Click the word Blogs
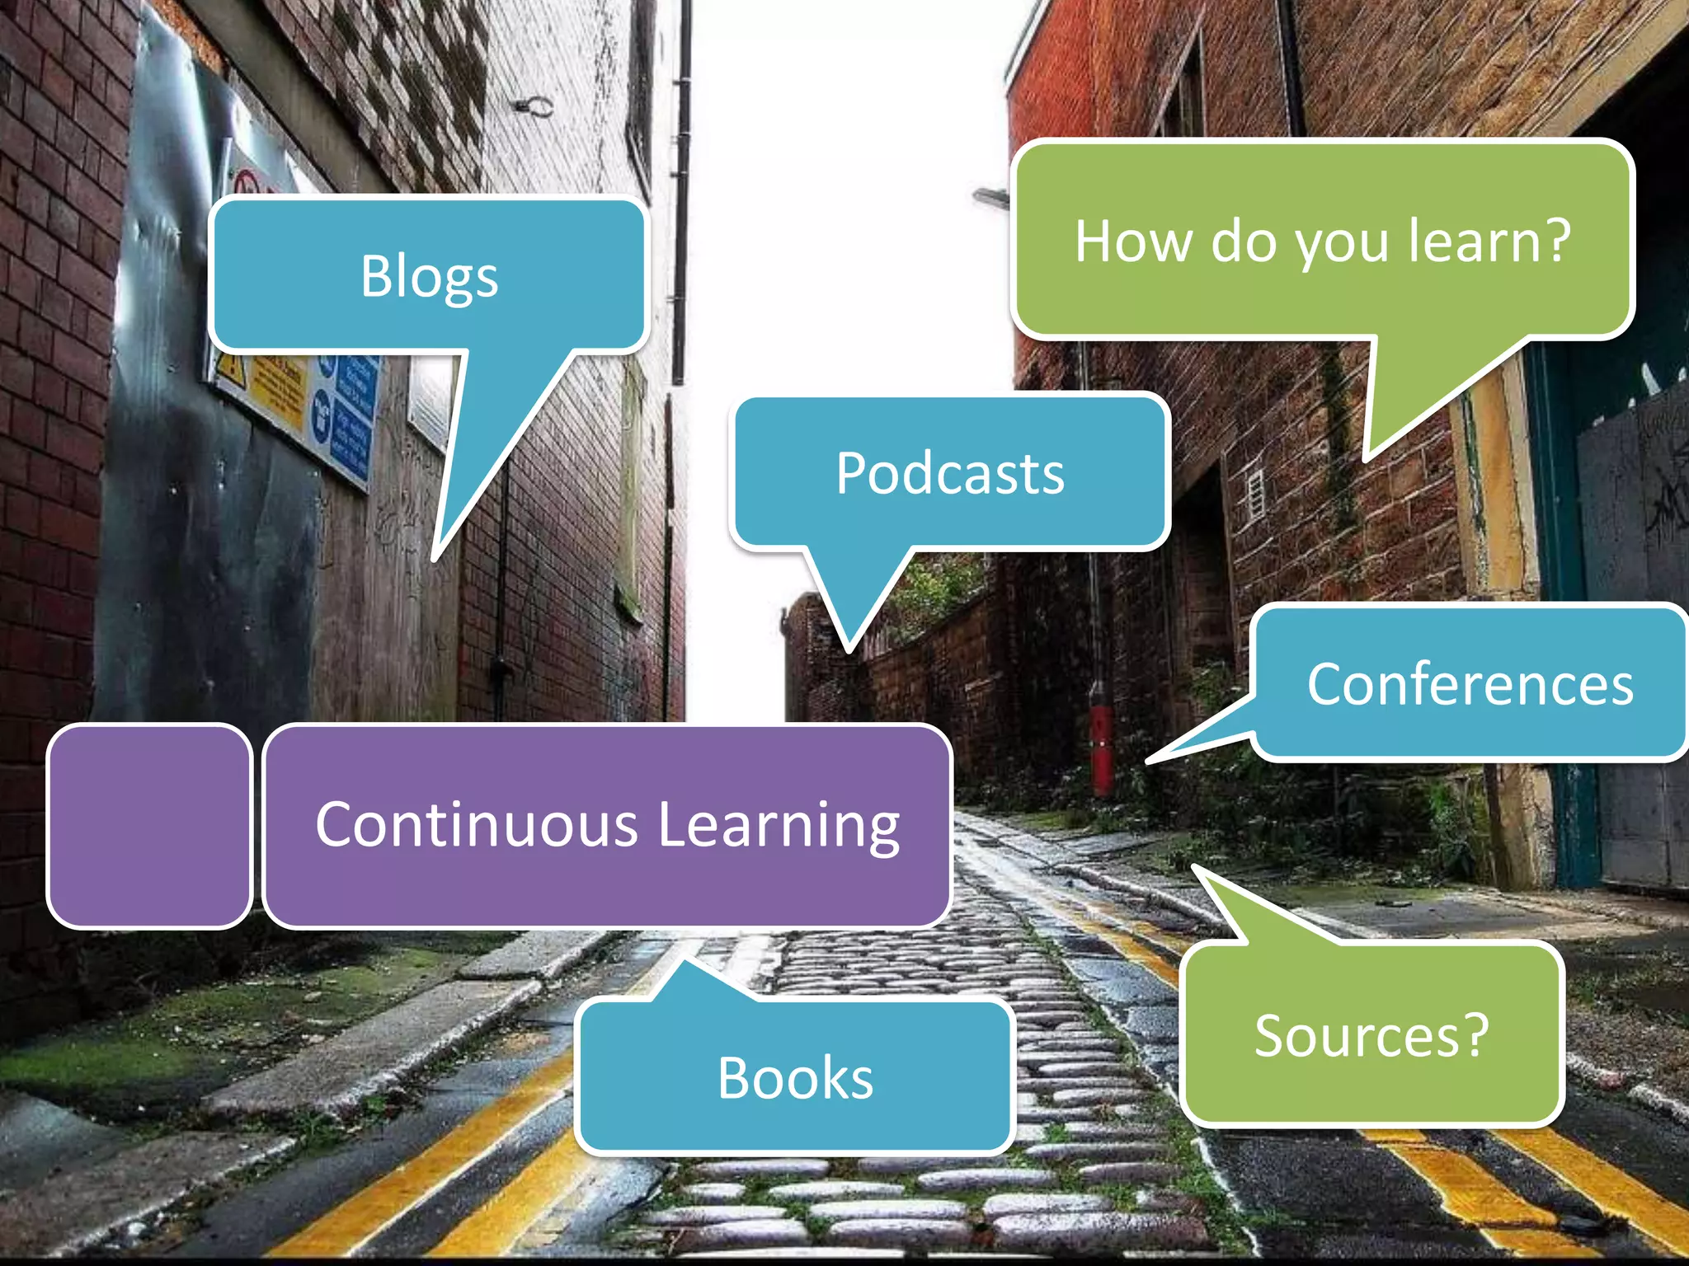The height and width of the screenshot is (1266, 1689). (x=429, y=277)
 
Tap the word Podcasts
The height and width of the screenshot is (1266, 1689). (x=950, y=474)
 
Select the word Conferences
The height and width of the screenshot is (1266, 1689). (x=1470, y=685)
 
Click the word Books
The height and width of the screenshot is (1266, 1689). (x=795, y=1078)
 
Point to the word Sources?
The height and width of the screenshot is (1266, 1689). (x=1371, y=1036)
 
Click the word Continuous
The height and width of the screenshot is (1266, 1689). (x=477, y=824)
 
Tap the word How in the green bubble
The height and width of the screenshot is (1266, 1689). (x=1134, y=241)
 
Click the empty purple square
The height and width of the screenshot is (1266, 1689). (x=149, y=826)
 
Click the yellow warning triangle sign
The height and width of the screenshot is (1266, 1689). (x=231, y=370)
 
